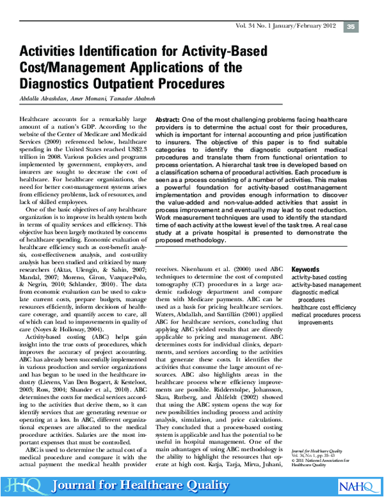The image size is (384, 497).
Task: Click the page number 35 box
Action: point(351,27)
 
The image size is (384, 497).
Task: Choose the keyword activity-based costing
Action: point(320,277)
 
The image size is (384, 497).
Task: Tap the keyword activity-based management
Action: point(326,285)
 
